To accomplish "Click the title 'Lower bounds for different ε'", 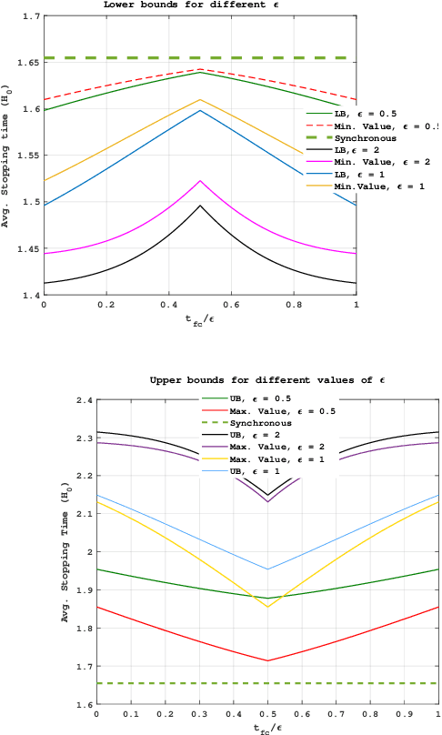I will (199, 5).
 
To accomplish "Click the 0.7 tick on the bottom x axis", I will (336, 715).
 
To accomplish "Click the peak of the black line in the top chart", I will (200, 205).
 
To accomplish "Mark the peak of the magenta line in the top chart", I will (200, 180).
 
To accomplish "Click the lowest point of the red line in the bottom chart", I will (267, 660).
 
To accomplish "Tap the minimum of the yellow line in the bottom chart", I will (267, 607).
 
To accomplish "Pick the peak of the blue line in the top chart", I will (200, 110).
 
